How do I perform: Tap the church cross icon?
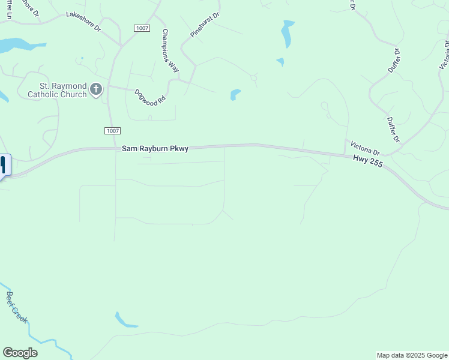click(x=96, y=90)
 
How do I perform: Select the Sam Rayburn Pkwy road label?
click(x=155, y=148)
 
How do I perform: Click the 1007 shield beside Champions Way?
click(x=142, y=28)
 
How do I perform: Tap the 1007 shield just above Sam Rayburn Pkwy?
click(x=112, y=131)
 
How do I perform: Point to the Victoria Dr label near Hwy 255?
click(x=366, y=147)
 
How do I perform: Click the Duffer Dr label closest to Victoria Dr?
click(x=393, y=130)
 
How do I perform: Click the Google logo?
click(x=20, y=353)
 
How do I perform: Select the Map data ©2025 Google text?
click(x=412, y=355)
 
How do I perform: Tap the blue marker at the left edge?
click(x=3, y=165)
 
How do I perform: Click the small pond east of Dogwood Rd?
click(x=235, y=94)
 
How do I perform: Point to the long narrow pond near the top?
click(x=288, y=34)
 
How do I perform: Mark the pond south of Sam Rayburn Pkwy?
click(x=124, y=320)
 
